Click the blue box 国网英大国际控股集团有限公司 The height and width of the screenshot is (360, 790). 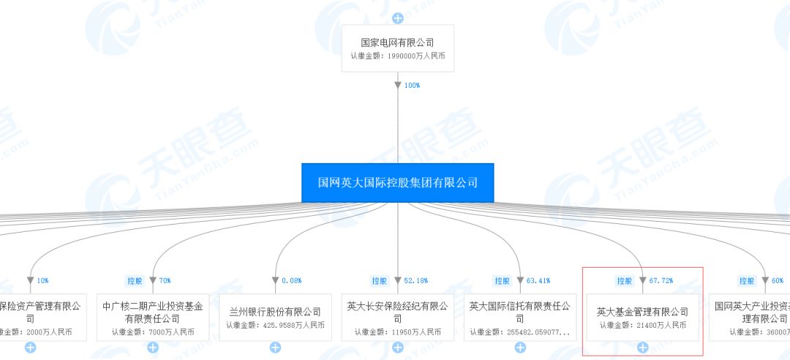point(397,183)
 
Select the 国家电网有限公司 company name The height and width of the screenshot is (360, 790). point(398,42)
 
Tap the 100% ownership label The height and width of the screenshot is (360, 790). point(412,86)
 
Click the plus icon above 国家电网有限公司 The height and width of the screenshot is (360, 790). point(398,18)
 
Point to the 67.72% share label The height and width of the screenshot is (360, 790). point(660,280)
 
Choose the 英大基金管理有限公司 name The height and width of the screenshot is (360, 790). point(642,312)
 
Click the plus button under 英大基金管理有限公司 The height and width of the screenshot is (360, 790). point(642,348)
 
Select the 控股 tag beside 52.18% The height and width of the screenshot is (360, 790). point(378,280)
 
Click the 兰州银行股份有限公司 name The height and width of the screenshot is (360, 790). point(275,312)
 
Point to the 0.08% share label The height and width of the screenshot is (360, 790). point(291,280)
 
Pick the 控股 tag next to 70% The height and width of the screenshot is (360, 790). point(134,280)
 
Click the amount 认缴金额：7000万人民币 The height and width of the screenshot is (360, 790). point(153,332)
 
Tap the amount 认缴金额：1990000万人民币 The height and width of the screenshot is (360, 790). point(398,56)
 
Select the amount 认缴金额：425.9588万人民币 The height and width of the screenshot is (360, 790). point(275,326)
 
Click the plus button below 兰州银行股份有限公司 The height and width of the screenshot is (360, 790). point(275,348)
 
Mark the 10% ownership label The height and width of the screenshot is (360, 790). point(43,280)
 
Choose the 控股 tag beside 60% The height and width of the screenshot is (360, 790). point(746,280)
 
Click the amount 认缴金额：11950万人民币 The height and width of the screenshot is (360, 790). point(398,332)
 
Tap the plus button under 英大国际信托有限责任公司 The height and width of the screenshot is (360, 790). point(520,348)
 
